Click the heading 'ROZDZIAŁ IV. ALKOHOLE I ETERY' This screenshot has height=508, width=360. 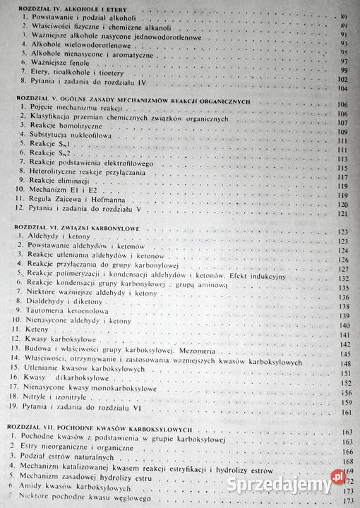(x=61, y=5)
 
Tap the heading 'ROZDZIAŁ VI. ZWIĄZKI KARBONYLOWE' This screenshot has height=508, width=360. (x=72, y=230)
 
